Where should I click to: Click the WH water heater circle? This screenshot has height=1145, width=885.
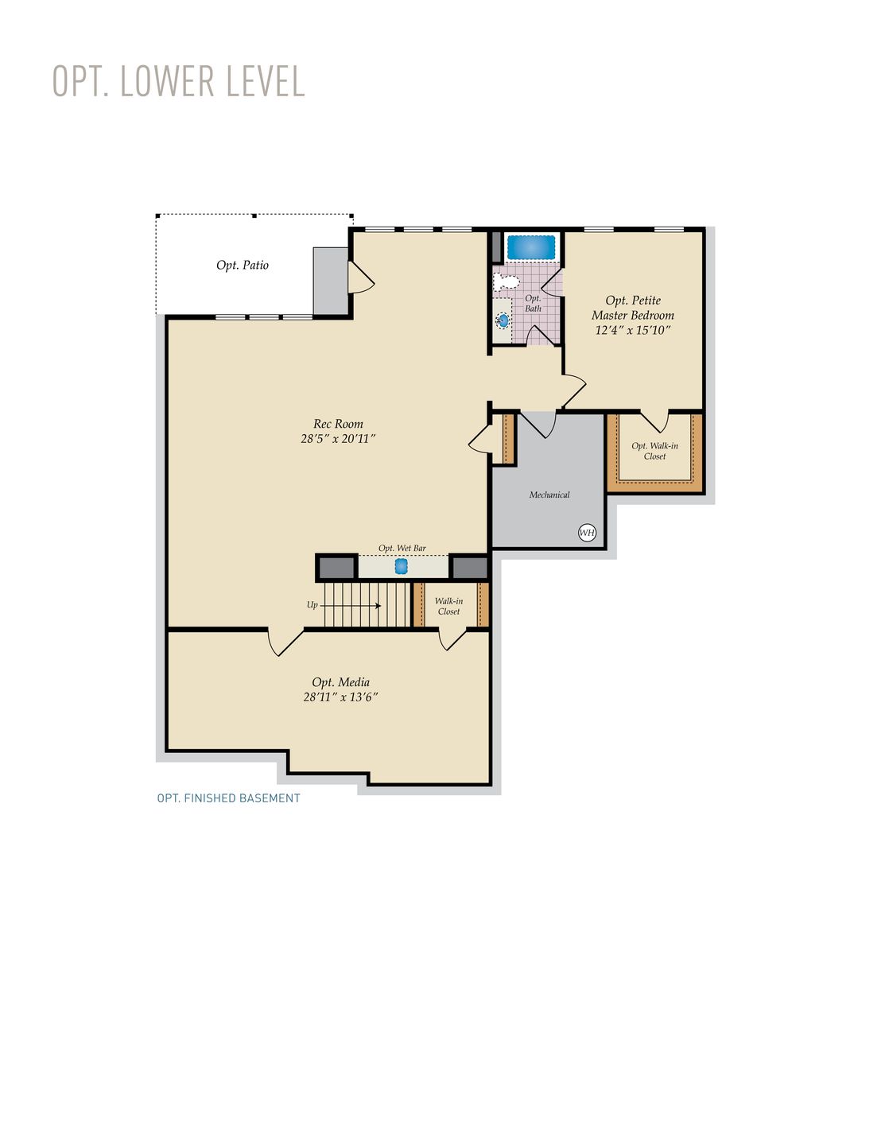click(x=587, y=532)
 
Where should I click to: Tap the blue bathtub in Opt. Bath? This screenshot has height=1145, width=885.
click(x=531, y=247)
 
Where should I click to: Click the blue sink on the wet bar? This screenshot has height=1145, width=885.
click(x=402, y=566)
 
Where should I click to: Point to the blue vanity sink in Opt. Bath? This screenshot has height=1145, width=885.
click(x=503, y=320)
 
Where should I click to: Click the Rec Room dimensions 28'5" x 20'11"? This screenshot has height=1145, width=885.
click(x=338, y=438)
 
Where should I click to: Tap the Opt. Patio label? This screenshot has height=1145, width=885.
click(x=243, y=265)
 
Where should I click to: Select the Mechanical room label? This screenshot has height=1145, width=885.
click(x=549, y=495)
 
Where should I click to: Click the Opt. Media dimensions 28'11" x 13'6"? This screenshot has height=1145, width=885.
click(x=340, y=697)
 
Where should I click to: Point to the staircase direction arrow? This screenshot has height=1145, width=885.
click(x=351, y=606)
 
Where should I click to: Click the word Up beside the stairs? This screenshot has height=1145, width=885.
click(x=312, y=605)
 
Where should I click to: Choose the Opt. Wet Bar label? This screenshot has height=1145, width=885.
click(x=402, y=548)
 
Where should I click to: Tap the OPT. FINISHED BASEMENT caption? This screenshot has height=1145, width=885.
click(x=229, y=798)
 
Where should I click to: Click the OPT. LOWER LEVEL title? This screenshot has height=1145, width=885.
click(x=179, y=81)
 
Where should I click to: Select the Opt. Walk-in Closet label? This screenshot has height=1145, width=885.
click(x=654, y=451)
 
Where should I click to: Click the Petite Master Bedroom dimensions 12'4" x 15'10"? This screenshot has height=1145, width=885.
click(x=633, y=330)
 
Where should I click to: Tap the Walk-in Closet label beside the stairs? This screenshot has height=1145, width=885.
click(x=448, y=606)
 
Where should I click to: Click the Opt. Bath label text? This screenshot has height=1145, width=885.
click(x=533, y=304)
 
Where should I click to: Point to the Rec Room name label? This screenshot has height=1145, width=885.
click(x=338, y=424)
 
